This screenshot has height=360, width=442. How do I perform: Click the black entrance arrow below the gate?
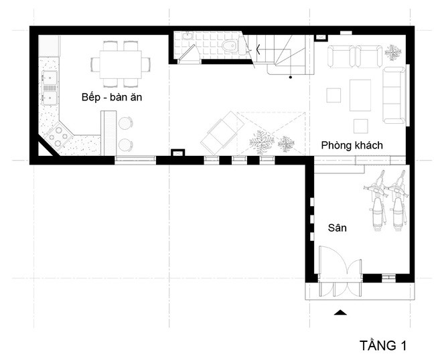340,312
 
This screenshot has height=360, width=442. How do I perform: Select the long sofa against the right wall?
394,96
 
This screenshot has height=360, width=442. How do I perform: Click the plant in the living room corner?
394,52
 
